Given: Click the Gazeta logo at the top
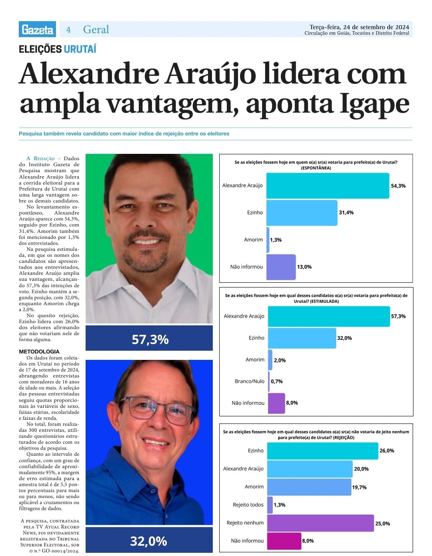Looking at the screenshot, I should click(x=37, y=30).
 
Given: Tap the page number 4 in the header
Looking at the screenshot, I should click(x=68, y=30).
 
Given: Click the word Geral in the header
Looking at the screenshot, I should click(x=96, y=30).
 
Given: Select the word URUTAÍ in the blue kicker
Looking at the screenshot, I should click(x=80, y=49).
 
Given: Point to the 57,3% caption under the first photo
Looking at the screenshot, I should click(x=150, y=340).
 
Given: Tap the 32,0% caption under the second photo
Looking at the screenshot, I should click(x=148, y=541).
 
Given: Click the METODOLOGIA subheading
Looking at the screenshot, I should click(x=39, y=351).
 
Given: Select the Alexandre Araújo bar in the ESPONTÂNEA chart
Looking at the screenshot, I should click(x=327, y=186).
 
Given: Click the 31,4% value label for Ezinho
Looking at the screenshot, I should click(x=346, y=212).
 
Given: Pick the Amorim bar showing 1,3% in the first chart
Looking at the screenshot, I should click(x=268, y=240).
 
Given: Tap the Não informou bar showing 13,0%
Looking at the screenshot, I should click(x=281, y=267).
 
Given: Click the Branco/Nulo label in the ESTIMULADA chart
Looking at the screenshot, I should click(x=250, y=381).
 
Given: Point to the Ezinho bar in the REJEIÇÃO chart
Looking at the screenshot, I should click(x=322, y=451).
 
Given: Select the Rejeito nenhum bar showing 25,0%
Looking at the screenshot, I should click(x=320, y=523).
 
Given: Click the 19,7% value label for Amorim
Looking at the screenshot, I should click(x=359, y=487).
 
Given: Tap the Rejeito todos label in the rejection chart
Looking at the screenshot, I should click(x=248, y=505).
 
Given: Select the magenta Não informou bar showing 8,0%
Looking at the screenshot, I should click(x=284, y=541).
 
